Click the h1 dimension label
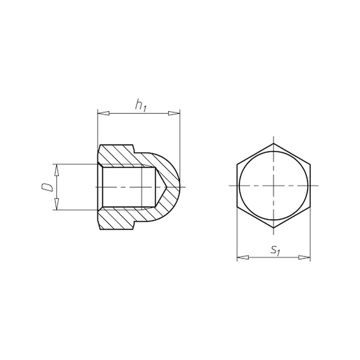click(140, 105)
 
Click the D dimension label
click(47, 187)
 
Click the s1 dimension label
click(275, 250)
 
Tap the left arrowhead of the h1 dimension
click(104, 114)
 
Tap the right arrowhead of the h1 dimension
click(174, 113)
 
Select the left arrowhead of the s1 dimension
click(243, 258)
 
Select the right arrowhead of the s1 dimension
click(304, 258)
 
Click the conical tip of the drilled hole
click(167, 187)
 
